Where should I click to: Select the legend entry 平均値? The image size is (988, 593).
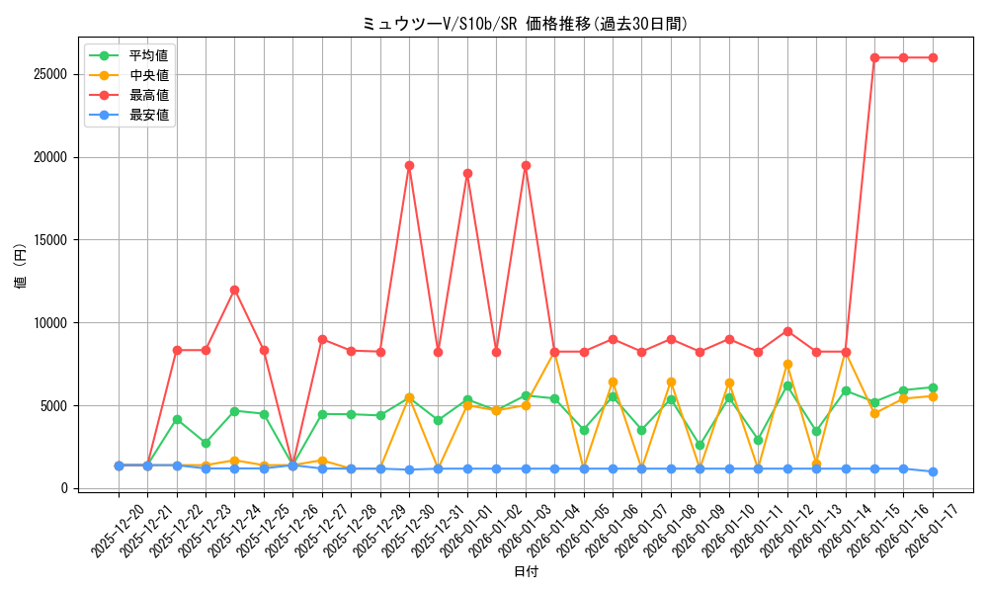(148, 55)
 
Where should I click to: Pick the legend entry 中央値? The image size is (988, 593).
(148, 75)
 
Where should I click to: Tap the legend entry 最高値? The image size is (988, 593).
(148, 95)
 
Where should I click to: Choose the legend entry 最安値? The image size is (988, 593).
(148, 115)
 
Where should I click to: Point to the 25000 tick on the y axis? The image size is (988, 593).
(48, 74)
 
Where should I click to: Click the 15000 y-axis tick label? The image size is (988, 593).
(48, 240)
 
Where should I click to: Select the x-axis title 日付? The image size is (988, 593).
(526, 571)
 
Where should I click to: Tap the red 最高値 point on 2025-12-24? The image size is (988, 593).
(234, 290)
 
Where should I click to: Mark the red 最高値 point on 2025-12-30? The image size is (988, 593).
(409, 165)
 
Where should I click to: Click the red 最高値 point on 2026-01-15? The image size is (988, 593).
(874, 57)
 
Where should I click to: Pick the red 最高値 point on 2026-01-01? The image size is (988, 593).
(467, 173)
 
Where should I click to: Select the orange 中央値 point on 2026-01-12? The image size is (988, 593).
(787, 364)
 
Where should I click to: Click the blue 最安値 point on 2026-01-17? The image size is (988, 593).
(933, 471)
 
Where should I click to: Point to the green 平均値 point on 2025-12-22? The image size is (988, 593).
(177, 419)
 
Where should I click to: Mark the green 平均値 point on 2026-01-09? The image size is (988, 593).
(700, 445)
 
